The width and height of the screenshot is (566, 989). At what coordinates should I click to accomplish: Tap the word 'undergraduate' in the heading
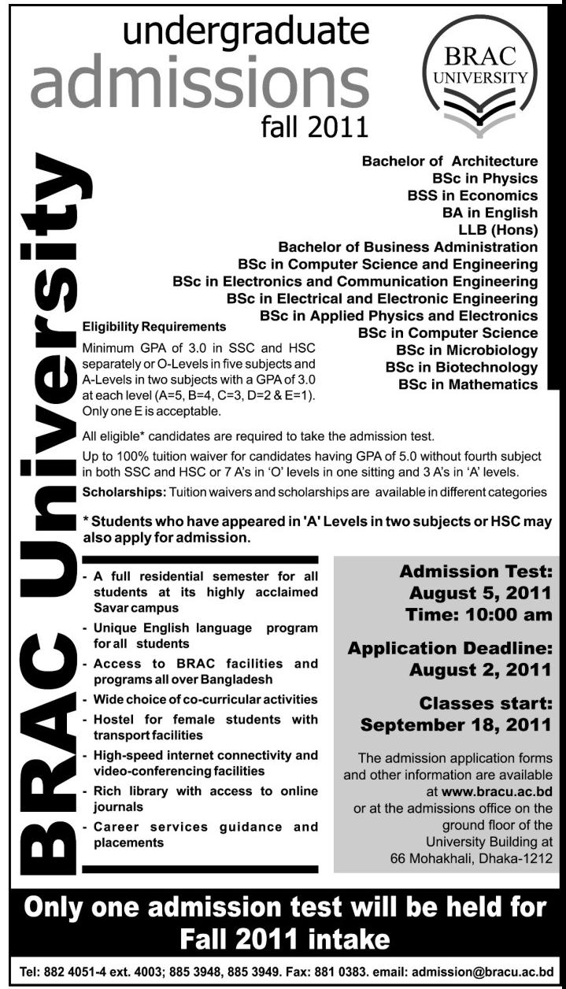coord(246,32)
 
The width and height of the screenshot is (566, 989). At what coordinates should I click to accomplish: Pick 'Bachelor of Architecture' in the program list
coord(449,161)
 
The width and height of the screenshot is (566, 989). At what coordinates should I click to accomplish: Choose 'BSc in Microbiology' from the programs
coord(467,350)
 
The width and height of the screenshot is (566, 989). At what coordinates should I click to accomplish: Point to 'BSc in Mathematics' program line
coord(468,384)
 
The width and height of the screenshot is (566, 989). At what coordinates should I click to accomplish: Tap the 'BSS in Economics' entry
coord(472,195)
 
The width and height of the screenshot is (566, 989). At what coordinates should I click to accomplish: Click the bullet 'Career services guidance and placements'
coord(205,835)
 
